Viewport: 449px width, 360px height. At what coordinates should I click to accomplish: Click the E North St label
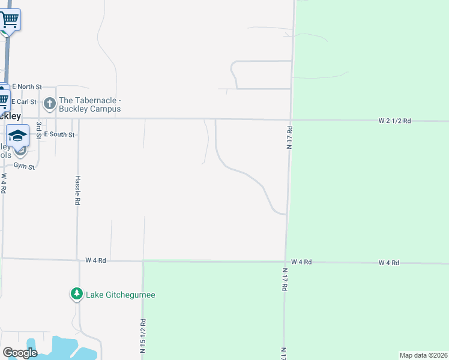[x=26, y=87]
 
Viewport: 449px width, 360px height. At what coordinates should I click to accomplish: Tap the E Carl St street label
[x=24, y=102]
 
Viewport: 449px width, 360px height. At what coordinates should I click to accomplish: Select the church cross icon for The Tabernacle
[x=50, y=104]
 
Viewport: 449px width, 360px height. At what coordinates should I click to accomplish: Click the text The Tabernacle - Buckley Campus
[x=90, y=104]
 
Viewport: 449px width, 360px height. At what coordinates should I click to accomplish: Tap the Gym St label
[x=24, y=167]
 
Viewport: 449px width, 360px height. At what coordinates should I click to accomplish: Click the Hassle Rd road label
[x=77, y=190]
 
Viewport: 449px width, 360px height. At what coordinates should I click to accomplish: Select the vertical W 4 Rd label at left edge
[x=4, y=183]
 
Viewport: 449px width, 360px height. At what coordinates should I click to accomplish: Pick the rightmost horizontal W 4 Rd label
[x=389, y=263]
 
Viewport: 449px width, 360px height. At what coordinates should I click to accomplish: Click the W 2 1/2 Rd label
[x=394, y=121]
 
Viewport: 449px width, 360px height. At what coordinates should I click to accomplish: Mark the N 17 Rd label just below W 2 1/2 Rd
[x=289, y=137]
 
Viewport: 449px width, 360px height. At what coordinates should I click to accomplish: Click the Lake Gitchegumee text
[x=121, y=295]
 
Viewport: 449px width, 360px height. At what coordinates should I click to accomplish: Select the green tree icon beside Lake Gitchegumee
[x=76, y=294]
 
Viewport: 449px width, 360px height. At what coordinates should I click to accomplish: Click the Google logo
[x=20, y=353]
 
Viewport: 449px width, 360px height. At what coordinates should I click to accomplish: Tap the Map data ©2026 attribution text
[x=423, y=355]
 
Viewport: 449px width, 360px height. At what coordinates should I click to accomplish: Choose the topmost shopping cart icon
[x=10, y=20]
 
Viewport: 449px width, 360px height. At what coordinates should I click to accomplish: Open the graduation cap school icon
[x=18, y=135]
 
